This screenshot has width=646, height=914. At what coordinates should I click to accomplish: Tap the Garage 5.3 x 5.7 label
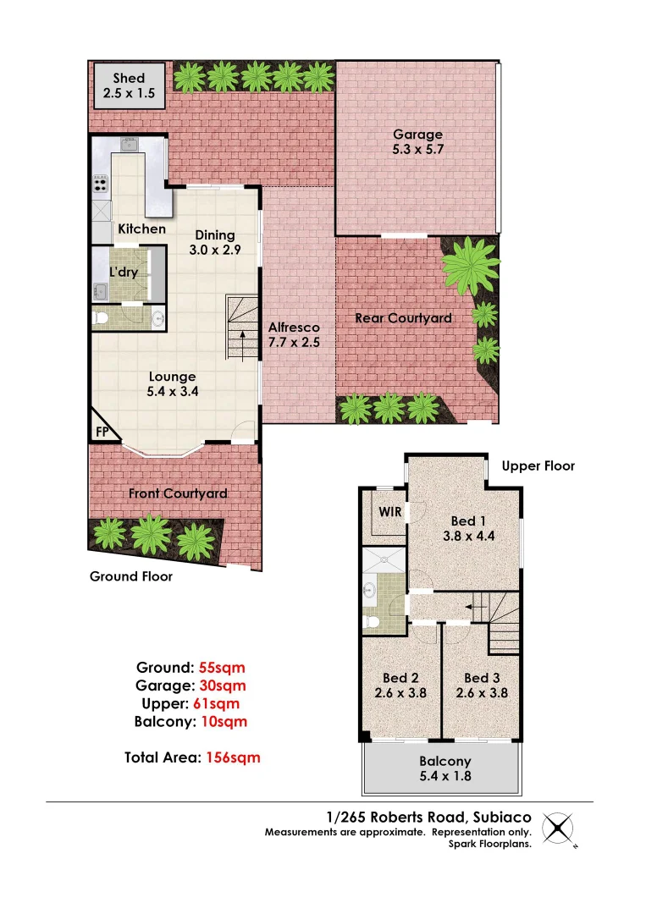(417, 141)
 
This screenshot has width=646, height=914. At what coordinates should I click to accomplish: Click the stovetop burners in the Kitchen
(100, 183)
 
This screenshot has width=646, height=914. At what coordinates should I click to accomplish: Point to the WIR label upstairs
(389, 512)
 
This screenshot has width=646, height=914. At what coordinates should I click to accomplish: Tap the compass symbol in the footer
(558, 829)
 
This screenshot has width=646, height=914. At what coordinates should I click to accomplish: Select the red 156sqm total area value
(233, 757)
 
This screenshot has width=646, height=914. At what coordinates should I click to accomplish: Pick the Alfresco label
(293, 334)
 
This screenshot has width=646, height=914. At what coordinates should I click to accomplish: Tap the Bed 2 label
(400, 685)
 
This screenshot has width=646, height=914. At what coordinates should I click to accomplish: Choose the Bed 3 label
(482, 685)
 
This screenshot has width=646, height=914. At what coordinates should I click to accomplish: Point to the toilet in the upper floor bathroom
(371, 622)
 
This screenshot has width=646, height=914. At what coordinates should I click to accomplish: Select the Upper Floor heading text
(538, 465)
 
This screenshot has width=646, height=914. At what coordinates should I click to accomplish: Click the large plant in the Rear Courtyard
(470, 262)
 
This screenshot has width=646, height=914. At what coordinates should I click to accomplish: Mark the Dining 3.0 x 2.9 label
(215, 243)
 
